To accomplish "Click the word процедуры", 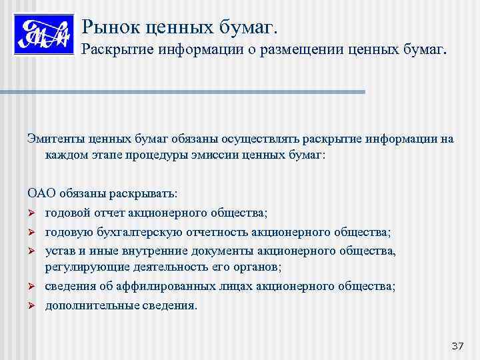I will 169,155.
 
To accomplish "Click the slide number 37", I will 457,346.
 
